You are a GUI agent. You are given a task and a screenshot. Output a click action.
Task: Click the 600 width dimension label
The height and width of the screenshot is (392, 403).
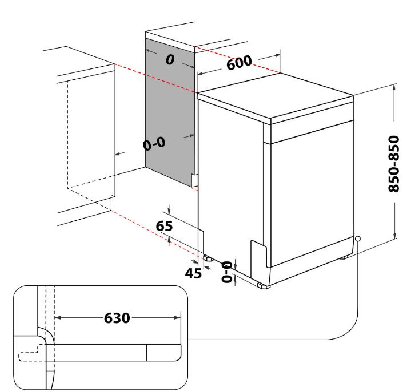click(239, 62)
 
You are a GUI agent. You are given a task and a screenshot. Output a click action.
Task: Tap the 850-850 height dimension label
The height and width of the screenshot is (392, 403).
click(393, 164)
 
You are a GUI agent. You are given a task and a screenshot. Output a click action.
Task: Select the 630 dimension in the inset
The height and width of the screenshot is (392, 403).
click(117, 318)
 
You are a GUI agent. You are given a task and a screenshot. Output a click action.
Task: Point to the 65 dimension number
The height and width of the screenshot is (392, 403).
click(164, 226)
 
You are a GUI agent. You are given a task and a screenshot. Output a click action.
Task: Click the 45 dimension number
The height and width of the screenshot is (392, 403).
click(193, 273)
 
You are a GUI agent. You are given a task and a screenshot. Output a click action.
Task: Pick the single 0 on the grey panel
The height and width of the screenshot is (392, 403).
click(170, 60)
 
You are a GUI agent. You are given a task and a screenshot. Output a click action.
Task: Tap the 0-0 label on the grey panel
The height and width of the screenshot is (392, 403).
click(154, 144)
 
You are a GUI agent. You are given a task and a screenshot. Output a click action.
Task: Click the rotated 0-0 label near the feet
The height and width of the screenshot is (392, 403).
click(227, 272)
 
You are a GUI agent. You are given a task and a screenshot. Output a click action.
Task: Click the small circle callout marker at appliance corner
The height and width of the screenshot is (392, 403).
click(357, 239)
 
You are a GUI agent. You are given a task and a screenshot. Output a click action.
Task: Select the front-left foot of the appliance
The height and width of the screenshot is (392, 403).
click(264, 285)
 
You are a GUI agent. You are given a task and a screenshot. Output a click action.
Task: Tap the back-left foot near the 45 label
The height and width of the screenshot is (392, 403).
click(208, 258)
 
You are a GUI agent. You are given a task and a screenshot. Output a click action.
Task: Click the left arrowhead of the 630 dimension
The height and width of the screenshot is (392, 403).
click(57, 318)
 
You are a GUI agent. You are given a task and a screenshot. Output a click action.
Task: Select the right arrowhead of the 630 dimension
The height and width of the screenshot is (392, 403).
click(178, 318)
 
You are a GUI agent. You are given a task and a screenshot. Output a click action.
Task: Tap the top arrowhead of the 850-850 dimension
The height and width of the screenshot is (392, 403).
click(394, 87)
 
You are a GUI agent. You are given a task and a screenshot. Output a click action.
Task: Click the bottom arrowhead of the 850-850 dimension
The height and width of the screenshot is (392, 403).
click(394, 236)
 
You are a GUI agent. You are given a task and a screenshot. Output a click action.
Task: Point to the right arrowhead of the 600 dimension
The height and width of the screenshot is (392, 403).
click(277, 55)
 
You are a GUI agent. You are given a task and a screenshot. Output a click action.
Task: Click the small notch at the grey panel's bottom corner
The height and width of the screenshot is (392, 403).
click(194, 180)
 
